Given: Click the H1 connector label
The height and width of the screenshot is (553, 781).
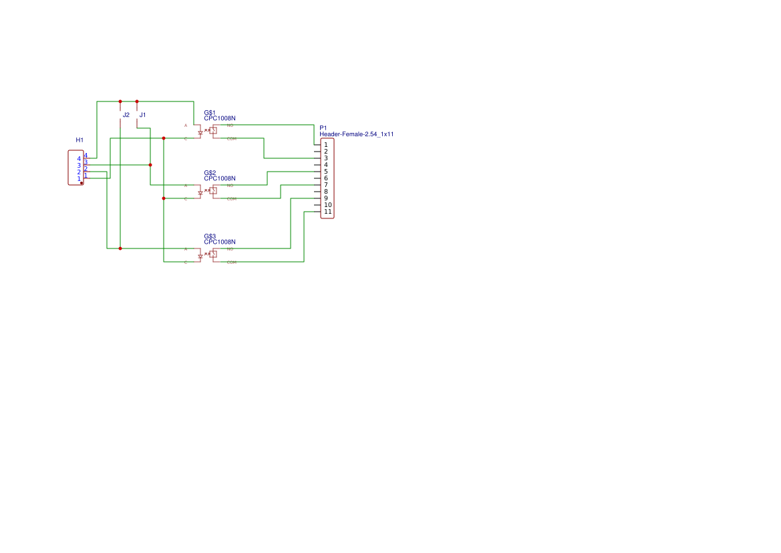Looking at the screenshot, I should click(80, 140).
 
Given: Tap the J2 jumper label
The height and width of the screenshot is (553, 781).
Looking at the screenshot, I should click(126, 115).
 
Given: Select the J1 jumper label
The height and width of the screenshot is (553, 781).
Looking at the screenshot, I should click(142, 115).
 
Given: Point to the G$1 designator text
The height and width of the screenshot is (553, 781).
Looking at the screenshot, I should click(210, 112).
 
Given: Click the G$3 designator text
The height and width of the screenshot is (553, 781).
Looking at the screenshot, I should click(210, 236).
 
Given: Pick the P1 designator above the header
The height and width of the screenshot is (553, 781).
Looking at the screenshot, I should click(323, 128).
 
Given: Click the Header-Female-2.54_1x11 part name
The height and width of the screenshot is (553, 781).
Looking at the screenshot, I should click(356, 134).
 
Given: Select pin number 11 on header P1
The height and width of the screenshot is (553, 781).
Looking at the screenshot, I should click(327, 212).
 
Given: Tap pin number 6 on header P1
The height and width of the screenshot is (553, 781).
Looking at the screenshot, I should click(326, 178).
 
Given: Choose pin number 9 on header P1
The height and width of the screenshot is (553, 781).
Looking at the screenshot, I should click(326, 198).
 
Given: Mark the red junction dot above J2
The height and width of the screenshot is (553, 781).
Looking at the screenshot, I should click(120, 102).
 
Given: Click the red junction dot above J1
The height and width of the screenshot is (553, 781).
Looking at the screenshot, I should click(137, 102).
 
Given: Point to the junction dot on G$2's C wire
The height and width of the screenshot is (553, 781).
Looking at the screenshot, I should click(164, 198).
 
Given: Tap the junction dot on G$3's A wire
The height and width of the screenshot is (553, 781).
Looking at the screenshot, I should click(120, 248).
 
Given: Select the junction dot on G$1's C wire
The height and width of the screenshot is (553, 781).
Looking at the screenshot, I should click(164, 138).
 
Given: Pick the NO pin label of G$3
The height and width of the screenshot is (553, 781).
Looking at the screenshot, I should click(230, 248).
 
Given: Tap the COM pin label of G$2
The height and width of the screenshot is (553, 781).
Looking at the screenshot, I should click(231, 198).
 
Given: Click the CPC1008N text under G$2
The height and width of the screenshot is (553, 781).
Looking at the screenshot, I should click(220, 179).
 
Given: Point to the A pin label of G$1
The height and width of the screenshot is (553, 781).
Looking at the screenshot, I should click(186, 125).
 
